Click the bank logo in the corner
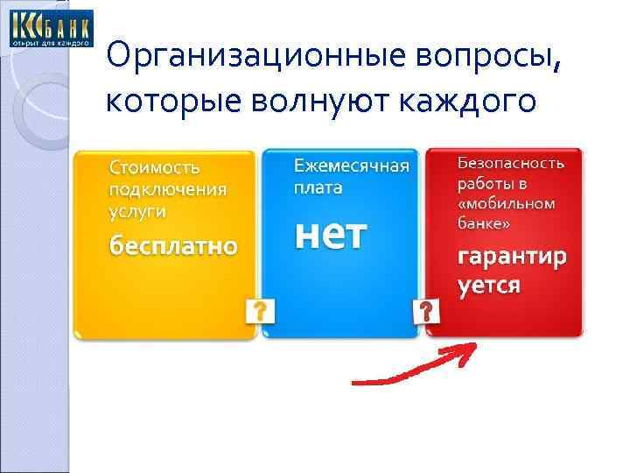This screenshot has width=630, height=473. [50, 28]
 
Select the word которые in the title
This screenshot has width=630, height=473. [175, 102]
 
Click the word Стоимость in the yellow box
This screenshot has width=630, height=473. [155, 167]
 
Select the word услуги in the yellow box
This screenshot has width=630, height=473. [138, 211]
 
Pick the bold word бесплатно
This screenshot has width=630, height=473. [172, 246]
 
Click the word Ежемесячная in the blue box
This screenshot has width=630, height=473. [351, 166]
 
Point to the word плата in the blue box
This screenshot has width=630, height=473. [318, 187]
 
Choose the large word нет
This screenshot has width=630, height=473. [329, 234]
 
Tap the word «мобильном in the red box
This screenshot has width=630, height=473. [507, 203]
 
